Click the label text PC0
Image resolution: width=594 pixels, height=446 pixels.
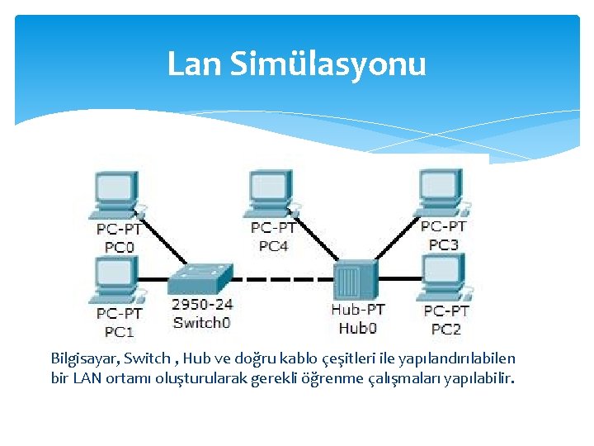120,246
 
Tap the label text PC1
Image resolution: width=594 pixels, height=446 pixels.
120,332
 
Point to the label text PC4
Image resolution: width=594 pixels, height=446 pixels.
274,245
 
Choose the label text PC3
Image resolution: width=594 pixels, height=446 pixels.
444,244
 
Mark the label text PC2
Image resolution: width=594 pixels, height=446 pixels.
446,330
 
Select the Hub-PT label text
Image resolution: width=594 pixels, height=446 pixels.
357,310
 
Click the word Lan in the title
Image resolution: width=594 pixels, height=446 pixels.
193,64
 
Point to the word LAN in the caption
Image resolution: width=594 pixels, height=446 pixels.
88,379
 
